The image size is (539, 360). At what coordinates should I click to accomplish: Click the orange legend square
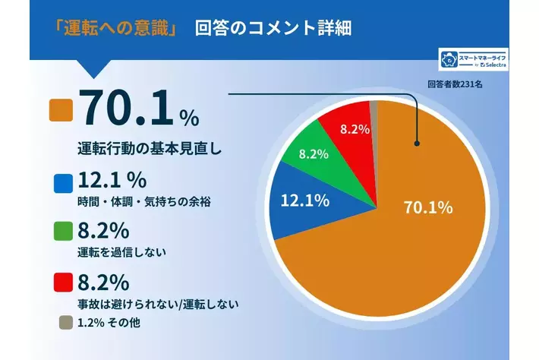pyautogui.click(x=61, y=111)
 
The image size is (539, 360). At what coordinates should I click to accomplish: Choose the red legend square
pyautogui.click(x=63, y=283)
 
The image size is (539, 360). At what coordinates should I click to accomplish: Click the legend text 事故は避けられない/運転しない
pyautogui.click(x=159, y=304)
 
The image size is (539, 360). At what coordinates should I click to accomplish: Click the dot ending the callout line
pyautogui.click(x=416, y=142)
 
